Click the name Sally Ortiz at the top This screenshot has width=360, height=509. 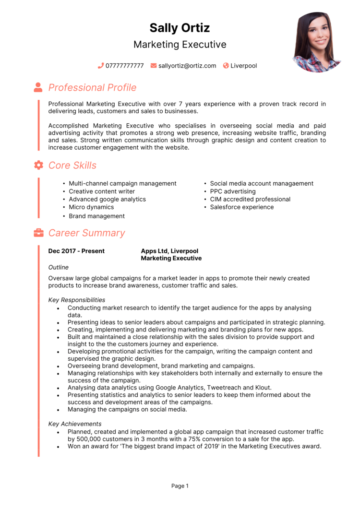coord(180,28)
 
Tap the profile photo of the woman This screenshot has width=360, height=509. coord(316,42)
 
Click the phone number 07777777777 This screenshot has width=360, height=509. coord(124,66)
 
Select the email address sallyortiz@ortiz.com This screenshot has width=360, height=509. coord(187,66)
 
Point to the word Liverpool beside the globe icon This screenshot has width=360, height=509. coord(243,66)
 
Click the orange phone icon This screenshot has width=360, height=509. coord(101,66)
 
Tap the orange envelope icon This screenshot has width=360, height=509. coord(154,66)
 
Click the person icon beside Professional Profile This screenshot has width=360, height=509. coord(38,87)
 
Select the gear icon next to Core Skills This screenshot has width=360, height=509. coord(38,165)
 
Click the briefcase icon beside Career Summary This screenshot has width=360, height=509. coord(38,233)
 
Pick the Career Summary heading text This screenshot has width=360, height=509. coord(86,233)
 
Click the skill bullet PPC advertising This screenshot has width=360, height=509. coord(233,191)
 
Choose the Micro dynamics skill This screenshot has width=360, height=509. coord(91,207)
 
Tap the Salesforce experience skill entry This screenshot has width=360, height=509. coord(242,207)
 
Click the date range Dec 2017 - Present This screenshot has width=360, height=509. coord(76,251)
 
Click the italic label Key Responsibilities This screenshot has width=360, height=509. coord(77,300)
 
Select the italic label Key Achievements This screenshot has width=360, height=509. coord(75,424)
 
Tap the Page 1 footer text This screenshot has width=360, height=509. coord(180,486)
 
